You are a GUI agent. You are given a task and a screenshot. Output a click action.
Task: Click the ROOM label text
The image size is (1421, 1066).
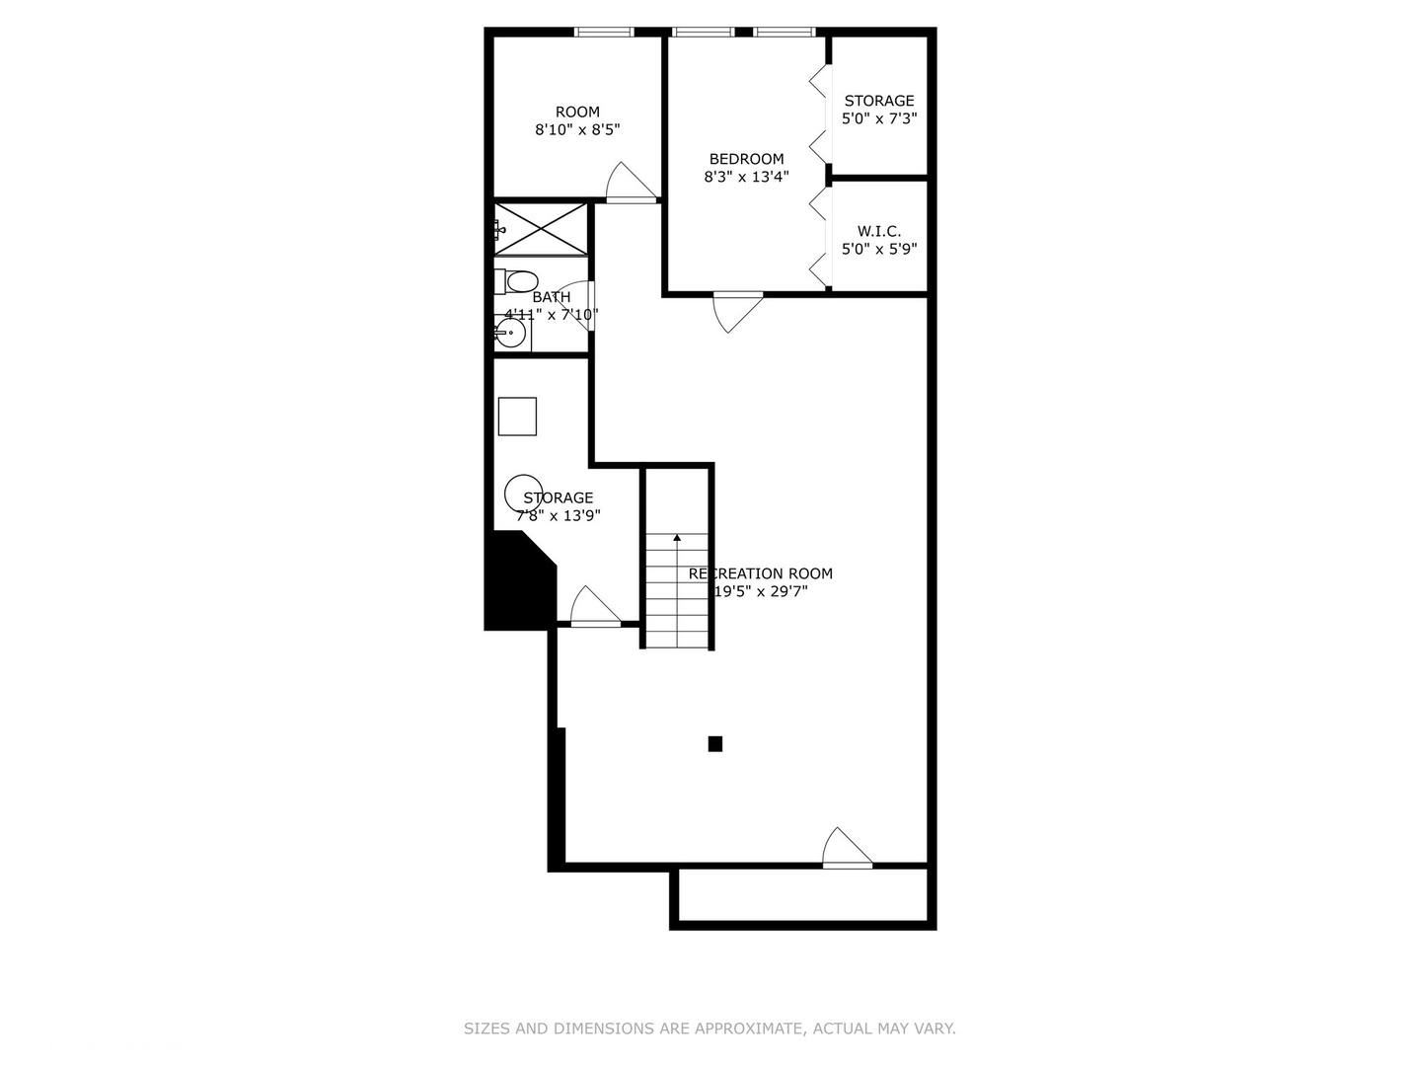[x=577, y=112]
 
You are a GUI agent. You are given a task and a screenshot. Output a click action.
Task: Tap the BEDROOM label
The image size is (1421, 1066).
[x=746, y=159]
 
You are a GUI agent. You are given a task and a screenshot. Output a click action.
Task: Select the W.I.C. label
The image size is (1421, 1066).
[x=878, y=231]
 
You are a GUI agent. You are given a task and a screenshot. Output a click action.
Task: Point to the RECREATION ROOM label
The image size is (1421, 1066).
[x=760, y=573]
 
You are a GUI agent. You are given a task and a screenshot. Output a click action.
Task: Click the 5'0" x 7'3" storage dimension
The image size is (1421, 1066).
[x=878, y=118]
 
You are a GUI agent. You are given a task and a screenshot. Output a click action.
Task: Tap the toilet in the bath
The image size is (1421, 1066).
[x=517, y=281]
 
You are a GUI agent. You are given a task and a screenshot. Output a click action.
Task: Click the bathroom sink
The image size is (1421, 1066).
[x=509, y=334]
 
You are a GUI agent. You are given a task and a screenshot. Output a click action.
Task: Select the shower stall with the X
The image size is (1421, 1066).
[x=540, y=229]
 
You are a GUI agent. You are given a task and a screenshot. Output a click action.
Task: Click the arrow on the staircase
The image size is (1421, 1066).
[x=677, y=538]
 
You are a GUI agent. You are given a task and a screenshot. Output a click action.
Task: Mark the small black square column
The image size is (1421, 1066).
[x=715, y=744]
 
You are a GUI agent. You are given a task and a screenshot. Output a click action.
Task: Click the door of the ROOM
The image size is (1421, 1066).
[x=630, y=184]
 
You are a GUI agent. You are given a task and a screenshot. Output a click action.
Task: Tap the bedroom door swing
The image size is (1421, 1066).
[x=736, y=310]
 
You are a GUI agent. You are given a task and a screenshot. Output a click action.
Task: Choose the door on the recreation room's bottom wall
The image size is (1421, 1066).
[x=846, y=849]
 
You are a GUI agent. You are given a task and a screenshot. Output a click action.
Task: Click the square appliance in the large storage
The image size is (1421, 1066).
[x=517, y=417]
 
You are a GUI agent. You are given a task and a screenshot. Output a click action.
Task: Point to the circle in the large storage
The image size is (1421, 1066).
[x=522, y=493]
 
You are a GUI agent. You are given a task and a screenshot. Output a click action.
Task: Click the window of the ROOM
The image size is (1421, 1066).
[x=604, y=33]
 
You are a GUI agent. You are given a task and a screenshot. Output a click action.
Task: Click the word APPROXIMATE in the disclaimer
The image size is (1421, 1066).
[x=747, y=1028]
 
